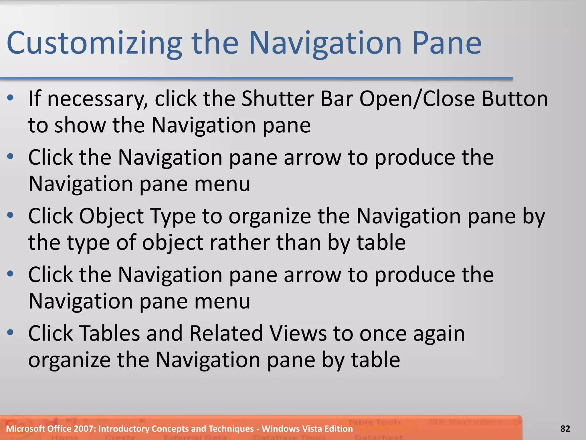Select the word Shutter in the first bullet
click(x=277, y=99)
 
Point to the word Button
click(x=515, y=99)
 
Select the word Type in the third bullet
click(x=173, y=216)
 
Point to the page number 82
click(x=565, y=429)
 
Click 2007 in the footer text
click(x=84, y=429)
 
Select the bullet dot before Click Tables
click(x=11, y=332)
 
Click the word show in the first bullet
click(x=80, y=125)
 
